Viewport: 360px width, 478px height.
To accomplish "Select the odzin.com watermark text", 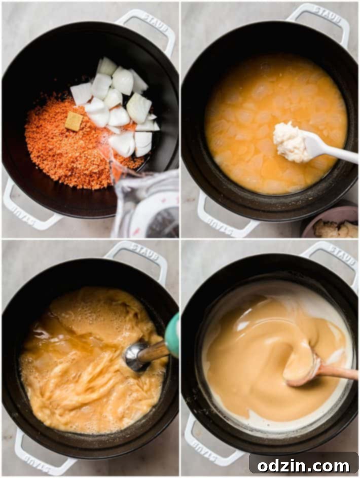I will click(x=303, y=464).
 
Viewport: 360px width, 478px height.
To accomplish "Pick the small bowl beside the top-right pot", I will click(x=331, y=223).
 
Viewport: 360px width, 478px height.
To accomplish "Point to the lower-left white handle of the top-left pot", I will click(x=25, y=208).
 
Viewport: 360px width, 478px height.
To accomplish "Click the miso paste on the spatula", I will click(x=289, y=140).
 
